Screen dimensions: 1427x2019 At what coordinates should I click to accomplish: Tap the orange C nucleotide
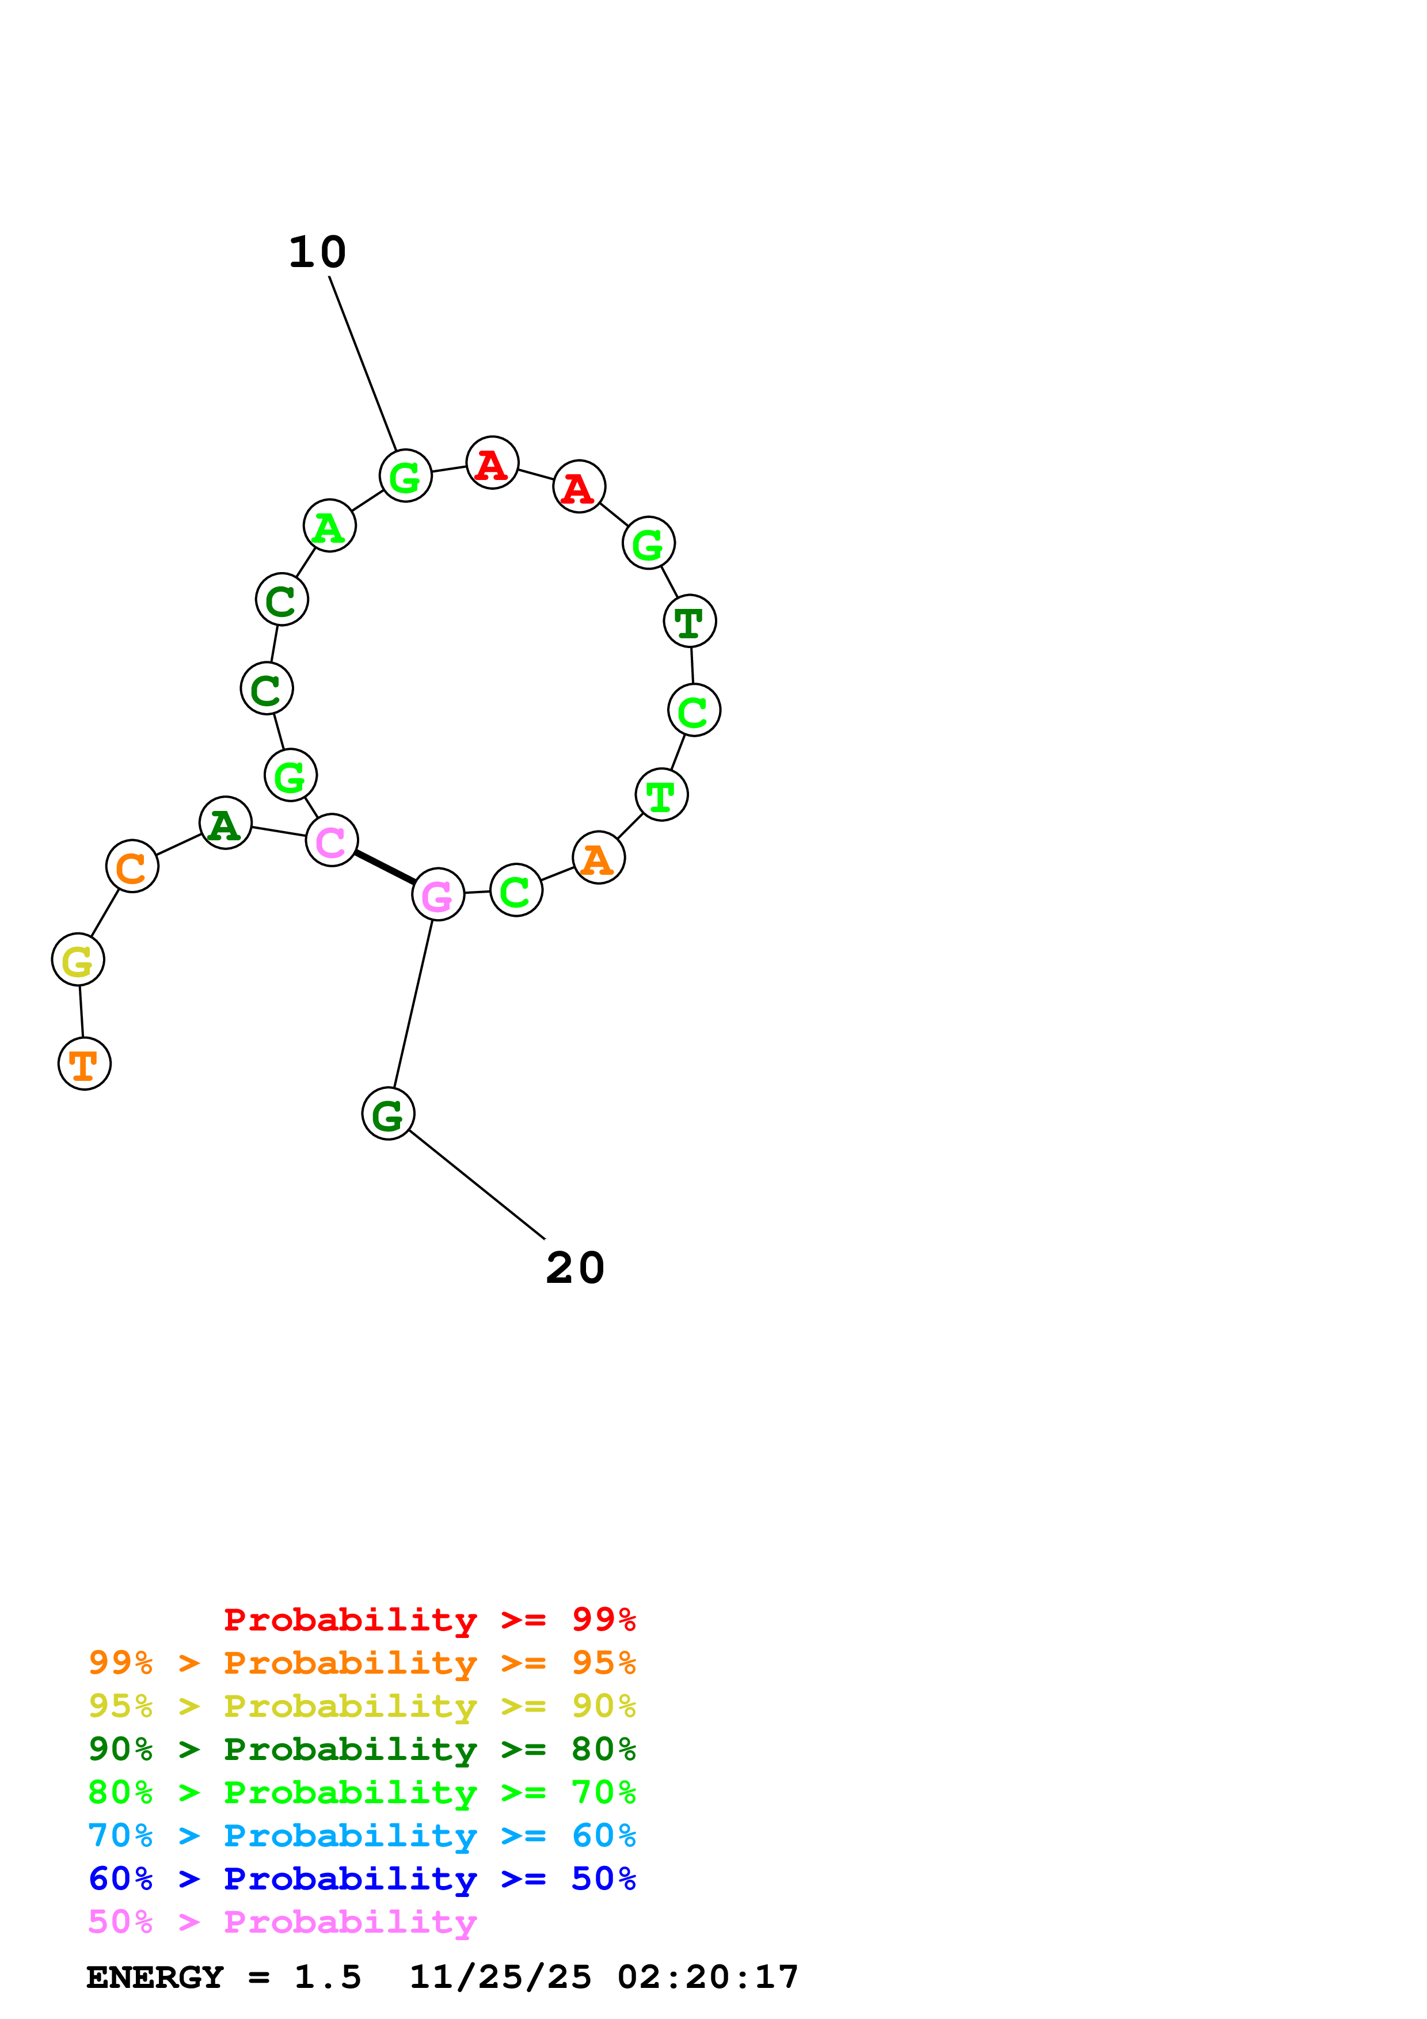(132, 866)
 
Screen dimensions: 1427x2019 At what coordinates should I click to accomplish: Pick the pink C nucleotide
(332, 841)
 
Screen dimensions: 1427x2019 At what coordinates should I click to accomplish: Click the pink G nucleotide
(438, 894)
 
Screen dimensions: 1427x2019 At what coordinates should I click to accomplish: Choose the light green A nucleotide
(330, 526)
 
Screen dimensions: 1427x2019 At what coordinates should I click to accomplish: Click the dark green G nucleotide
(388, 1114)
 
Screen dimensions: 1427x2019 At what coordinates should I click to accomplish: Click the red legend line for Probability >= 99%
(429, 1620)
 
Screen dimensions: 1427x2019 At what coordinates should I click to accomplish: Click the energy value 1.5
(327, 1978)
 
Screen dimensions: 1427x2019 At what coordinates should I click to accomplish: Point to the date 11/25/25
(500, 1978)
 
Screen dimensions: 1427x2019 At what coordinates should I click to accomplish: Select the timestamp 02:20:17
(708, 1978)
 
